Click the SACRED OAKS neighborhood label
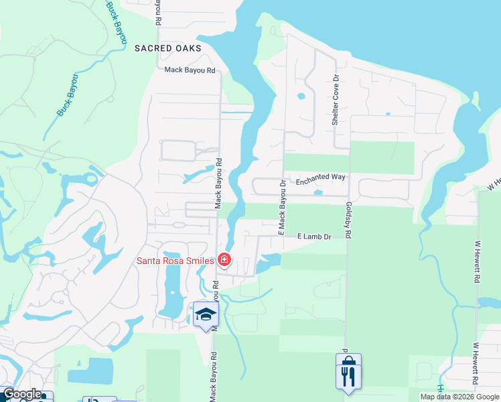[x=167, y=48]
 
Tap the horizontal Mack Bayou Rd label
[x=190, y=70]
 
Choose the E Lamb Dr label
[x=315, y=237]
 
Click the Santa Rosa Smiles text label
[x=175, y=261]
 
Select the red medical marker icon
[x=224, y=260]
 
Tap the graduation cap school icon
[x=206, y=314]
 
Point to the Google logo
[x=21, y=394]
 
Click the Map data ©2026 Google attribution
[x=459, y=397]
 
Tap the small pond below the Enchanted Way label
[x=317, y=192]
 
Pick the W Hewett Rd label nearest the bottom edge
[x=476, y=364]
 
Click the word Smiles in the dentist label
[x=199, y=261]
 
